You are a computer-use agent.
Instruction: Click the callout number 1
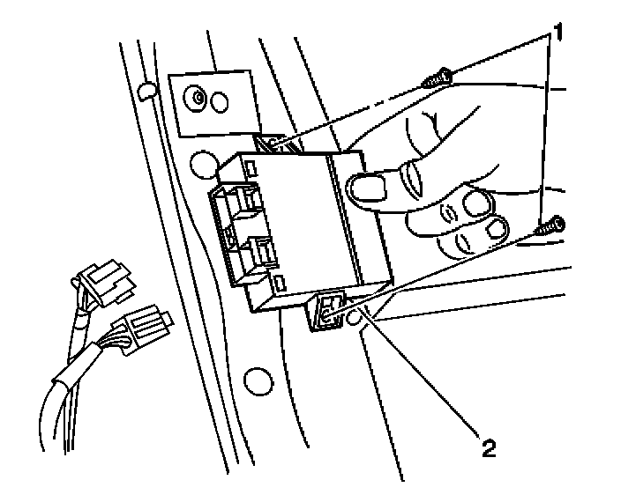pos(557,36)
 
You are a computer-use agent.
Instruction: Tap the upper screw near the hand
pos(437,80)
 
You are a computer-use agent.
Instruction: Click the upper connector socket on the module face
pos(247,203)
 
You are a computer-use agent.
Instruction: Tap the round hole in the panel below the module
pos(258,380)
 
